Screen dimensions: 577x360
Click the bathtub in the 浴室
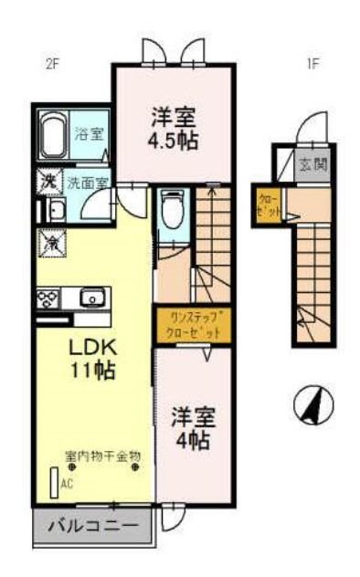[59, 135]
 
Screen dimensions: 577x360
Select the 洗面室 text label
[89, 182]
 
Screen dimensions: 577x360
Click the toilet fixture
[169, 211]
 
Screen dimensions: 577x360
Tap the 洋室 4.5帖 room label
[174, 129]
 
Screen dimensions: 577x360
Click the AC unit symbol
[53, 483]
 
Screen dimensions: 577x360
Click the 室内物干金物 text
[101, 454]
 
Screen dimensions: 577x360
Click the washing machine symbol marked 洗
[48, 181]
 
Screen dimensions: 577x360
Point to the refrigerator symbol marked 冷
[51, 242]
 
